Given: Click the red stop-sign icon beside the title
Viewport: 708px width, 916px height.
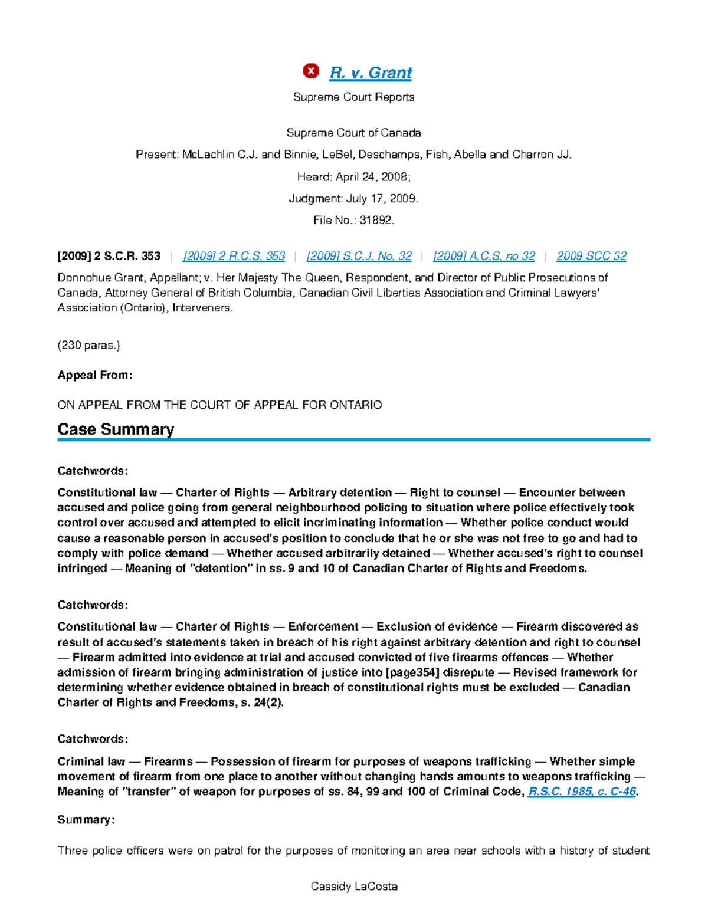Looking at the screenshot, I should pyautogui.click(x=311, y=71).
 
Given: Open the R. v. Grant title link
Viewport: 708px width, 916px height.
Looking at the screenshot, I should pyautogui.click(x=371, y=73).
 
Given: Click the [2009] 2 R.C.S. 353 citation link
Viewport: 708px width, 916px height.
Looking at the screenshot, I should pyautogui.click(x=234, y=256).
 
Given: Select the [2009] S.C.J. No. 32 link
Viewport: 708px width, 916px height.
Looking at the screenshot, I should pyautogui.click(x=359, y=256).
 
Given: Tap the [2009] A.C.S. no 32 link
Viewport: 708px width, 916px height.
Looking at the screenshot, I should pyautogui.click(x=484, y=256).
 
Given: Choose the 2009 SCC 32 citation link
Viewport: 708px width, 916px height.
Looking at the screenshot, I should pyautogui.click(x=591, y=256).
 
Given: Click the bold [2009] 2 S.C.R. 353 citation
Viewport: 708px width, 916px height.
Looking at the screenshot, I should pyautogui.click(x=109, y=256).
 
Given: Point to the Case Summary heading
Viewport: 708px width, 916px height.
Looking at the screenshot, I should pyautogui.click(x=116, y=429).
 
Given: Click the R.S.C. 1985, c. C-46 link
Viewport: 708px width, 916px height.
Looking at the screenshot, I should pyautogui.click(x=582, y=792).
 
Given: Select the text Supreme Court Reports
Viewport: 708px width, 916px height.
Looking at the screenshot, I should pyautogui.click(x=353, y=97).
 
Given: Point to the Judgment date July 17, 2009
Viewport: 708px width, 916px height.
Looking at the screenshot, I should pyautogui.click(x=382, y=199).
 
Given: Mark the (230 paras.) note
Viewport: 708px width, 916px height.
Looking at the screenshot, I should pyautogui.click(x=88, y=346).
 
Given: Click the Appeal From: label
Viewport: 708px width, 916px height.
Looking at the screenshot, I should pyautogui.click(x=95, y=375).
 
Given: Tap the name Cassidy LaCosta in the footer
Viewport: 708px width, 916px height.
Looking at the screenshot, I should pyautogui.click(x=353, y=887).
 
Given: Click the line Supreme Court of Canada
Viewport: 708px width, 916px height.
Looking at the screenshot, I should pyautogui.click(x=353, y=133).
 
